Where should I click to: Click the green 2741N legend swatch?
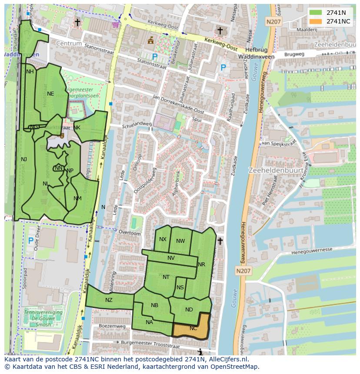[316, 13]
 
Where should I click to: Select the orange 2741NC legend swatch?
[316, 21]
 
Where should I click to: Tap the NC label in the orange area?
[193, 328]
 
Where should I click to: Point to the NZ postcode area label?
[109, 300]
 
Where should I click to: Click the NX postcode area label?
[163, 239]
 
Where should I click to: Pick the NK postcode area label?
[77, 128]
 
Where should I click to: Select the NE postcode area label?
[50, 94]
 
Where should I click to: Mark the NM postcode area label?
[77, 199]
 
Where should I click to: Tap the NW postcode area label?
[180, 241]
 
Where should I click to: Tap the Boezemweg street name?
[112, 326]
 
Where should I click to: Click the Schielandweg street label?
[137, 124]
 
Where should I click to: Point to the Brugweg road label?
[294, 54]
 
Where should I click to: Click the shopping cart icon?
[116, 25]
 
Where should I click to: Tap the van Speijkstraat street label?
[278, 143]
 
